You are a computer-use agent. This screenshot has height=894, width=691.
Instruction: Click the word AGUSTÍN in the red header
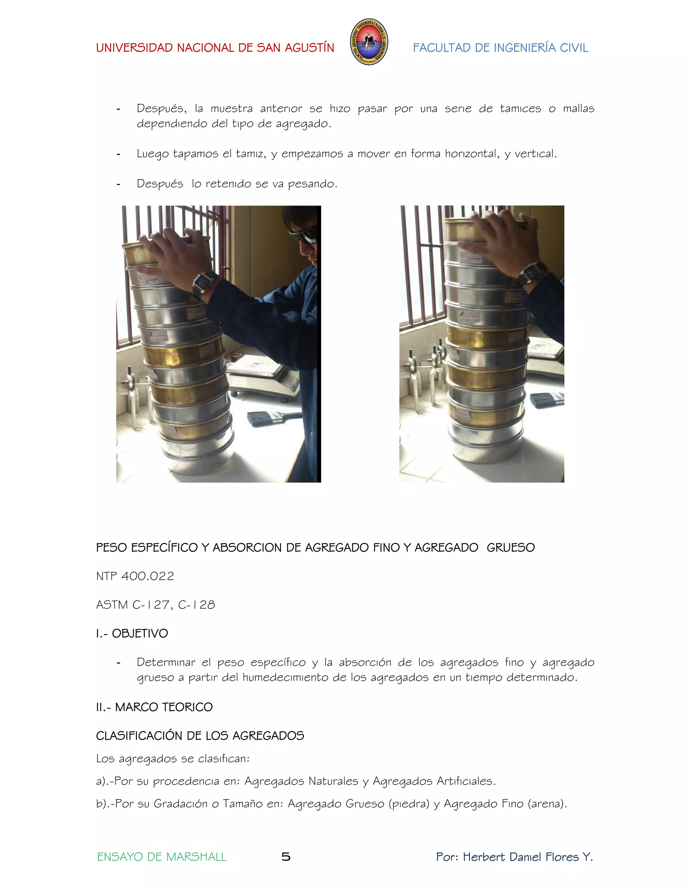click(x=309, y=48)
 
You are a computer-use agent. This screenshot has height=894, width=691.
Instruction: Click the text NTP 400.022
click(x=135, y=576)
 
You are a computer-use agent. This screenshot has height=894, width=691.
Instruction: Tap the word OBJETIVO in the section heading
click(x=140, y=634)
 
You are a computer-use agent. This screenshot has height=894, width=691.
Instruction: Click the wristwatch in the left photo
click(x=205, y=283)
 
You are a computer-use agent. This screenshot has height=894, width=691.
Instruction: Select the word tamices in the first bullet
click(x=520, y=109)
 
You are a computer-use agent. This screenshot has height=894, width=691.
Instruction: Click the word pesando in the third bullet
click(x=312, y=184)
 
